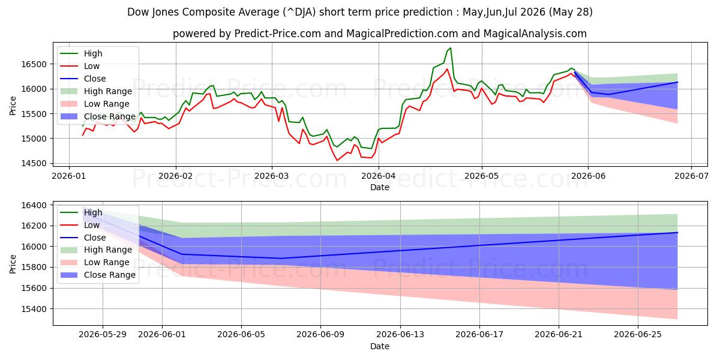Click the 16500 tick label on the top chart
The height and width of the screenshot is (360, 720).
click(x=34, y=64)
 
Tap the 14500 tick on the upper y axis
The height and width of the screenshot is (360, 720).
click(x=34, y=163)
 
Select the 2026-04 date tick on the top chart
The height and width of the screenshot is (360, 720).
click(x=379, y=176)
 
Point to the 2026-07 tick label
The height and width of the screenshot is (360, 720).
click(x=691, y=176)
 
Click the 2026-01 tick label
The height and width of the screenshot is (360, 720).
click(x=69, y=176)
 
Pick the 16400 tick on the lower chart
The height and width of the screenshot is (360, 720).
click(x=34, y=205)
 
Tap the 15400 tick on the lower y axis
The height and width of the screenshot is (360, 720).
click(x=34, y=309)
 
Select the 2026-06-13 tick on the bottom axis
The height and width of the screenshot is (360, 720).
click(x=400, y=335)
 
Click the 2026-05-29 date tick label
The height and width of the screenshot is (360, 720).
click(x=103, y=335)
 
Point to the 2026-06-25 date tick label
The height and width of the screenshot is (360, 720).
click(x=638, y=335)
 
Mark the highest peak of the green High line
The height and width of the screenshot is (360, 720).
click(x=451, y=48)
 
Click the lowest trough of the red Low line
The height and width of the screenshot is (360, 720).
click(x=337, y=160)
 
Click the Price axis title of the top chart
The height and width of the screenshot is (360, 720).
click(x=13, y=106)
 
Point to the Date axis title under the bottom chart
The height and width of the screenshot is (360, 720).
click(x=380, y=346)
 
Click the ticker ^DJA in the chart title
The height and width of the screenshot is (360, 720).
click(x=299, y=12)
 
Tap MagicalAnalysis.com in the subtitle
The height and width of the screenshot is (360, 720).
click(x=535, y=34)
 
